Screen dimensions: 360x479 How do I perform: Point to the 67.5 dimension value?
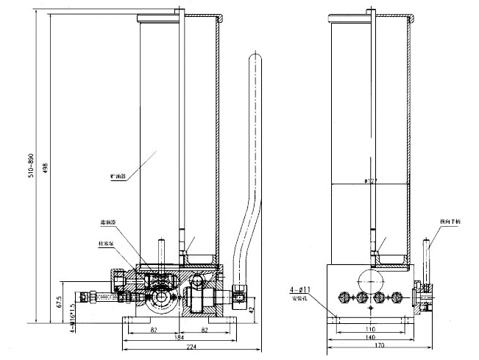[60, 302]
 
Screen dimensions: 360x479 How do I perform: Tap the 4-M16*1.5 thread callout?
[71, 310]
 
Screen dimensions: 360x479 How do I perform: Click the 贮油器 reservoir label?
[118, 177]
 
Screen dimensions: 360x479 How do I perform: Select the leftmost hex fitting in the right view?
[342, 298]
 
